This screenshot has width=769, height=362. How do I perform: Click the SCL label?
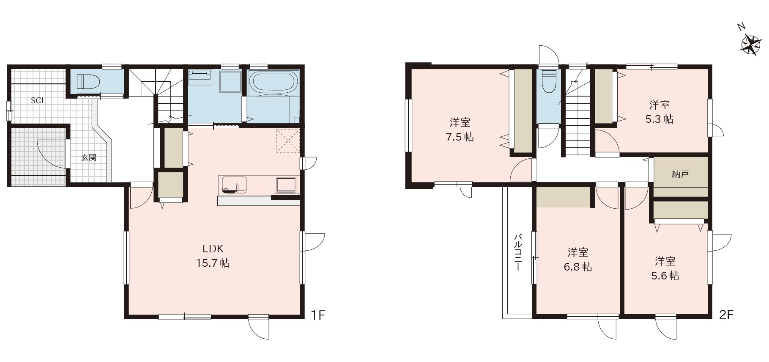(x=38, y=101)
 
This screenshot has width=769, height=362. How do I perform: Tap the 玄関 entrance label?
(x=89, y=158)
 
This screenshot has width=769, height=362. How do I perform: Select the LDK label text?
(x=213, y=249)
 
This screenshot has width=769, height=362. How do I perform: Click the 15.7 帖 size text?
(x=213, y=263)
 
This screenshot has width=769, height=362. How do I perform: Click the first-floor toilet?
(x=88, y=80)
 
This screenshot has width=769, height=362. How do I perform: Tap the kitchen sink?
(x=233, y=185)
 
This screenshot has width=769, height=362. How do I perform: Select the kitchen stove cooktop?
(x=287, y=185)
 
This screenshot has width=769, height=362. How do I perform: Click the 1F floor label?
(x=318, y=315)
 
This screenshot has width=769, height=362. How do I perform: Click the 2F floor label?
(x=726, y=315)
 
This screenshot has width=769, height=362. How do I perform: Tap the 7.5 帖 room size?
(x=460, y=137)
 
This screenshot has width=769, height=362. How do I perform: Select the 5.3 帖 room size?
(x=660, y=119)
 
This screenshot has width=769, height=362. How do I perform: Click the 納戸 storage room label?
(x=680, y=174)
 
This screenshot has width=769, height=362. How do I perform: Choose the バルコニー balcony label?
(x=517, y=252)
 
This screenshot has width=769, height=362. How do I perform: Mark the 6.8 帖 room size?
(x=578, y=267)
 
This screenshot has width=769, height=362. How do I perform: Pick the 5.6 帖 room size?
(x=665, y=276)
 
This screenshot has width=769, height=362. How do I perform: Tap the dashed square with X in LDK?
(x=287, y=140)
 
